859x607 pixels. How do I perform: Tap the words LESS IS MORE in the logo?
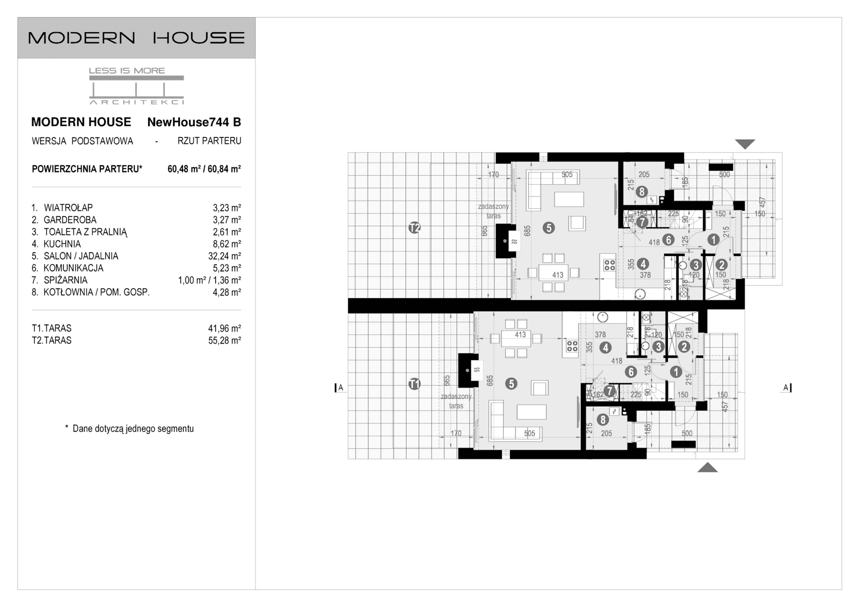127,71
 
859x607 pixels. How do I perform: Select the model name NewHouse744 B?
194,122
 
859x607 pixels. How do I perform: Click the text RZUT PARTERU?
209,141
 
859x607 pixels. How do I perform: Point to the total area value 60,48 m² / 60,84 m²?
204,169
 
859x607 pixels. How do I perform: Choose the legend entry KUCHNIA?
62,244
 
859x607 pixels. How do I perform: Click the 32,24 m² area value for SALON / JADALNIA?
224,256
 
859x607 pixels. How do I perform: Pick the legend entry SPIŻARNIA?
65,280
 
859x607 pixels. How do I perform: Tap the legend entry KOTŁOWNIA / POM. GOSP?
96,292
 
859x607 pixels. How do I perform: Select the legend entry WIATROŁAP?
68,208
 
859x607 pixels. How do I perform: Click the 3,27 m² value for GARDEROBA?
227,220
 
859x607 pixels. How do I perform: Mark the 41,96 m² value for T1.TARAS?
224,328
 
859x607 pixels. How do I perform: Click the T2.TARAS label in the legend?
52,340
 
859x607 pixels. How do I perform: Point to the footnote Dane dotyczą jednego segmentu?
133,429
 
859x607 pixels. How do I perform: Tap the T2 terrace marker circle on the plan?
414,228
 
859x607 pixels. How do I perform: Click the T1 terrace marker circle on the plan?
414,384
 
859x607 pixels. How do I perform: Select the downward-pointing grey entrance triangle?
745,144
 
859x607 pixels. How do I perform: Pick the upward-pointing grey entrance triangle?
708,467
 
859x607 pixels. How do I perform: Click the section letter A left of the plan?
340,387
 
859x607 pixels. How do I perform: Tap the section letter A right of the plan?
785,387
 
